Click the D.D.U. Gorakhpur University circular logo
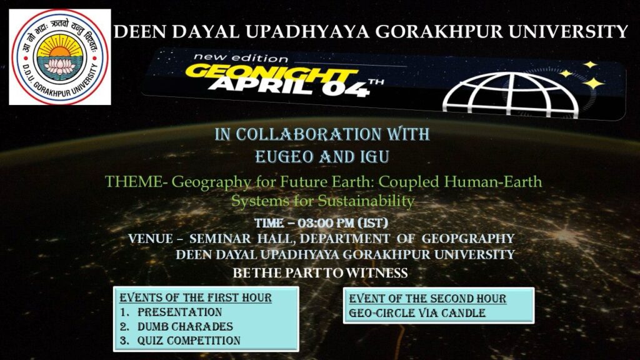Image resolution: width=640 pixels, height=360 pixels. pos(60,57)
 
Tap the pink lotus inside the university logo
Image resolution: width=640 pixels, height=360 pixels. pos(59,66)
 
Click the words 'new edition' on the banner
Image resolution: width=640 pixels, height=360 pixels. pos(241,57)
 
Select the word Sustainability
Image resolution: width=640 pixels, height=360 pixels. pos(366,201)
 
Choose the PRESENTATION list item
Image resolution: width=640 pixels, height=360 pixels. pos(179,312)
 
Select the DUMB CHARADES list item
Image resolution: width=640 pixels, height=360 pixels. pos(185,326)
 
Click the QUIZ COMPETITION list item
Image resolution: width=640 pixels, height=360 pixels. pos(189,341)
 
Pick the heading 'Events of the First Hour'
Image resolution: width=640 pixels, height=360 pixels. pos(196,297)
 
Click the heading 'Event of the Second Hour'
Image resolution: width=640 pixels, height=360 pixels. pos(427,299)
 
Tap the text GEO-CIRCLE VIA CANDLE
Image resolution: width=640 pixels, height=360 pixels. pos(417,313)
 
